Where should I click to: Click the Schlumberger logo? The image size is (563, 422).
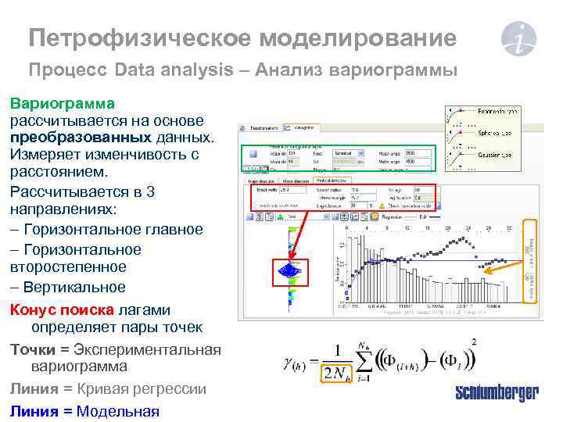[x=497, y=392]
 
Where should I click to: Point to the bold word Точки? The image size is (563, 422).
[x=34, y=348]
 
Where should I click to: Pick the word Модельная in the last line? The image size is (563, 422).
[x=117, y=412]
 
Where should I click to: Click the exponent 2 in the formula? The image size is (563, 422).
[x=475, y=342]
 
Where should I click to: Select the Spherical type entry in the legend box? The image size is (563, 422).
[x=494, y=134]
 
